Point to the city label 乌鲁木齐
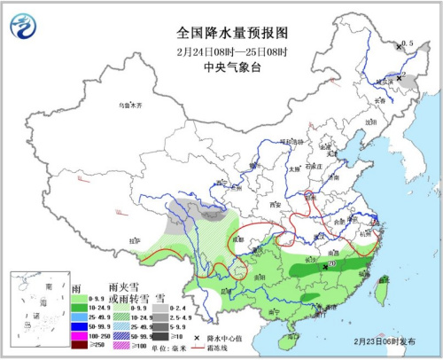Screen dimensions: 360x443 pos(130,105)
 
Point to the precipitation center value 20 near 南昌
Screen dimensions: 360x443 pos(332,262)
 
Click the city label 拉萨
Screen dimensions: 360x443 pos(135,240)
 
